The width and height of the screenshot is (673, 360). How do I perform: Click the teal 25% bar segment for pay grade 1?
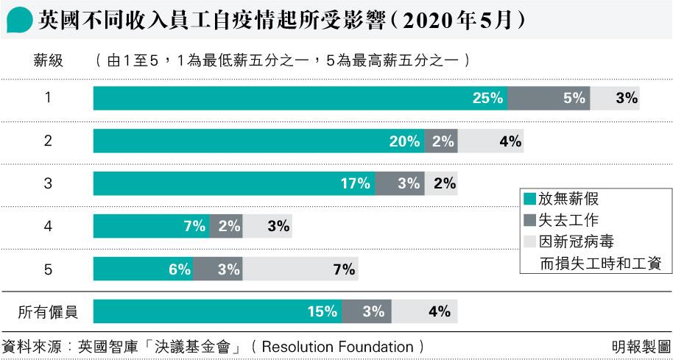[x=300, y=98]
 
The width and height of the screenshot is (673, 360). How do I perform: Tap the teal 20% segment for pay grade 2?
[x=258, y=141]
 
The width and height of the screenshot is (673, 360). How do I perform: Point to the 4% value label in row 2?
[x=510, y=141]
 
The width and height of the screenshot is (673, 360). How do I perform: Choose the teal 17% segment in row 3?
[x=234, y=184]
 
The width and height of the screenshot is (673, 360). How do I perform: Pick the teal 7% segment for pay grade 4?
[x=151, y=227]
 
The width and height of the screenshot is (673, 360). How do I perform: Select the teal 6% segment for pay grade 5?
[x=143, y=269]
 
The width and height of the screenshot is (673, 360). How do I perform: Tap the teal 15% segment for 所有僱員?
[x=217, y=312]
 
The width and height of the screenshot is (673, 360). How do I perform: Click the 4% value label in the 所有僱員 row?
[x=439, y=312]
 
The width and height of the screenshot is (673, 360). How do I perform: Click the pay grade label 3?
[x=48, y=184]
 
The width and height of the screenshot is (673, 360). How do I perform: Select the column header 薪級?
[x=48, y=61]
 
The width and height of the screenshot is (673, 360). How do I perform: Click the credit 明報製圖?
[x=641, y=346]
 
